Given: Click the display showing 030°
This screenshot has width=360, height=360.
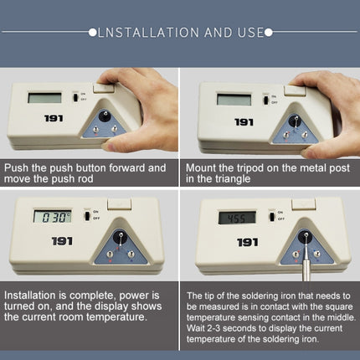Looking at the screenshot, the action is click(53, 217).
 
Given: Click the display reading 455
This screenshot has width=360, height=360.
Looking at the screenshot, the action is click(237, 218).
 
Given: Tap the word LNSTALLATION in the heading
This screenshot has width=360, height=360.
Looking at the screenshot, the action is click(148, 33).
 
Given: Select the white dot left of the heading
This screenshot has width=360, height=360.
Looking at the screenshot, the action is click(93, 33).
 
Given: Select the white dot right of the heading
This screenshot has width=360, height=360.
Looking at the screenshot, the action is click(269, 33).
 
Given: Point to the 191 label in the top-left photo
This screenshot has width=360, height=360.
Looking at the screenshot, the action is click(54, 118).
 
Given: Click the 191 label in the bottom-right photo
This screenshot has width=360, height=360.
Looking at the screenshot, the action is click(247, 242).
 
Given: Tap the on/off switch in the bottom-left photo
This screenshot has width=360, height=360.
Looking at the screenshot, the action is click(87, 216).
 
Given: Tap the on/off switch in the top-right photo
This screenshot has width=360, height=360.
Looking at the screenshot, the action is click(266, 100).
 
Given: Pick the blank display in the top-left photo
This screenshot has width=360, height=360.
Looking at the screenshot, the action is click(44, 98).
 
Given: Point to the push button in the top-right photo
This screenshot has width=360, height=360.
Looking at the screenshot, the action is click(295, 91).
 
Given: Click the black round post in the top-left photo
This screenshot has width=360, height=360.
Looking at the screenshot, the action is click(105, 115).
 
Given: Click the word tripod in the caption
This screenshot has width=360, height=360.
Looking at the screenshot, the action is click(249, 168).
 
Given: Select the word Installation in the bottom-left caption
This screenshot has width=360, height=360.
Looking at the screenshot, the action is click(30, 296).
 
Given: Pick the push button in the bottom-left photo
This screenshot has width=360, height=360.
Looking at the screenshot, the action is click(119, 203).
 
